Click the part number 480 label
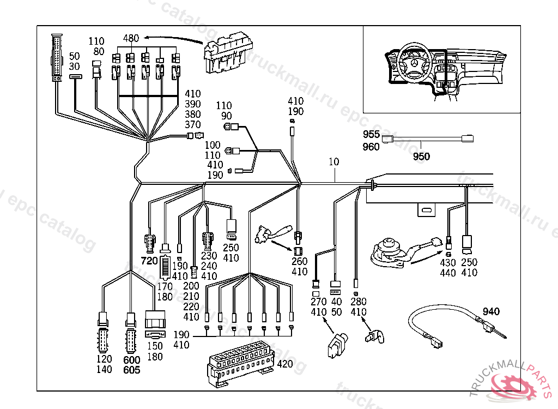click(131, 38)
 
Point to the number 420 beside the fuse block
click(284, 364)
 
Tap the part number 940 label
click(490, 312)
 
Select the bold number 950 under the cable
click(421, 157)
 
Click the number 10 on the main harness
click(333, 162)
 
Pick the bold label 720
click(149, 260)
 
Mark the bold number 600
click(132, 360)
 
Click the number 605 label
click(132, 370)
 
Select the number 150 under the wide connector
click(155, 346)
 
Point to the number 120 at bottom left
click(104, 359)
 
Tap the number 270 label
click(318, 302)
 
